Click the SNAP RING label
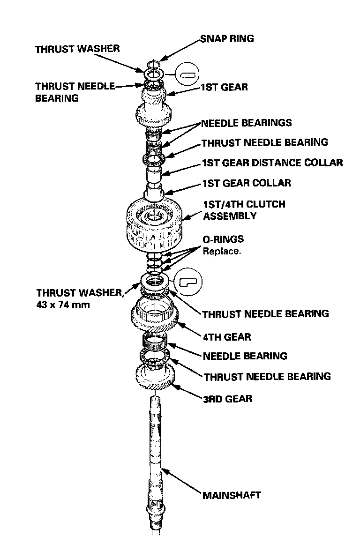(227, 38)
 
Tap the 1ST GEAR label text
(224, 87)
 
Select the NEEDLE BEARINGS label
(247, 123)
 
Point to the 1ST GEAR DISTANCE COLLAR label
(272, 163)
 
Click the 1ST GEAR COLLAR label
(246, 183)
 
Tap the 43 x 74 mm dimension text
(64, 305)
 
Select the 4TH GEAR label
(227, 337)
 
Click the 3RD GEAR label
(227, 399)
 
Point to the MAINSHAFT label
(232, 495)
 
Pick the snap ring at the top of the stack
(153, 64)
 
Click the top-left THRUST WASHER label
(77, 49)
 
